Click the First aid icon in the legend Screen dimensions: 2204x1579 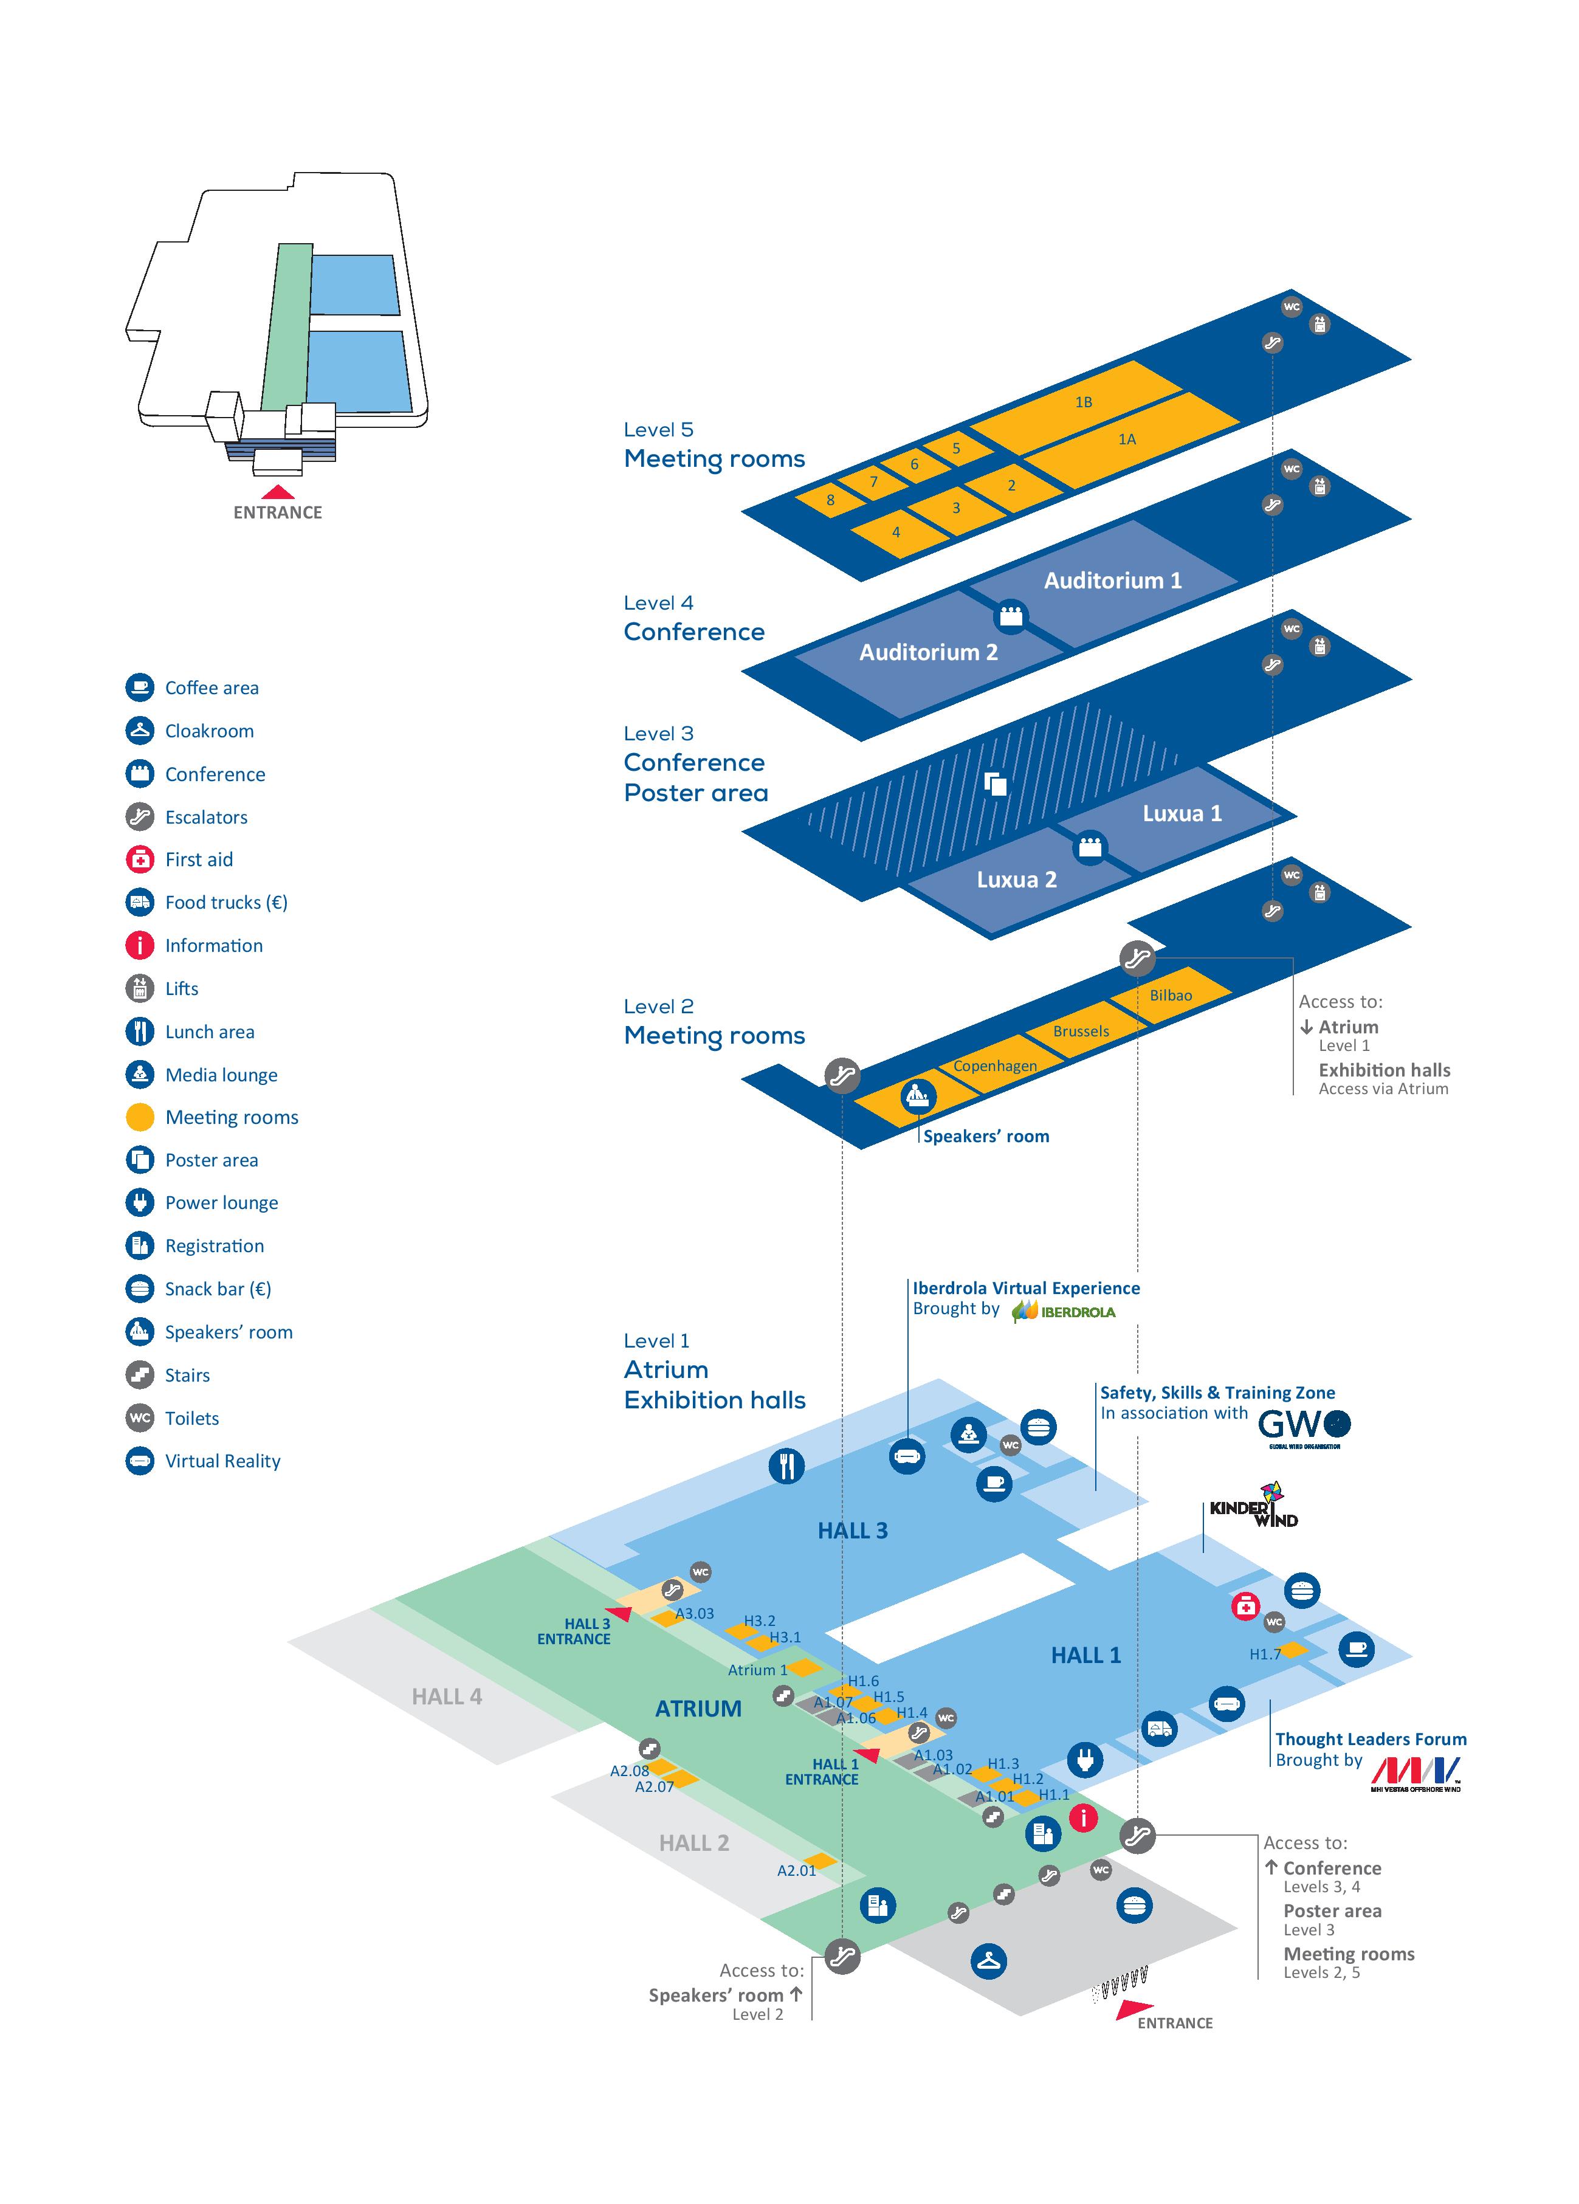point(140,859)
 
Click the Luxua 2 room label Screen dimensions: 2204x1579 point(1016,880)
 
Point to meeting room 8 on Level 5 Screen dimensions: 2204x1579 point(830,500)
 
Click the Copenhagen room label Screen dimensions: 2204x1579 point(995,1065)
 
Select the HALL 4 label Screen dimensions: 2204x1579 point(446,1696)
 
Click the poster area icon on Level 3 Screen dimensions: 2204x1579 point(995,783)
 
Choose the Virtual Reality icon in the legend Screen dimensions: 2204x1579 point(140,1461)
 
